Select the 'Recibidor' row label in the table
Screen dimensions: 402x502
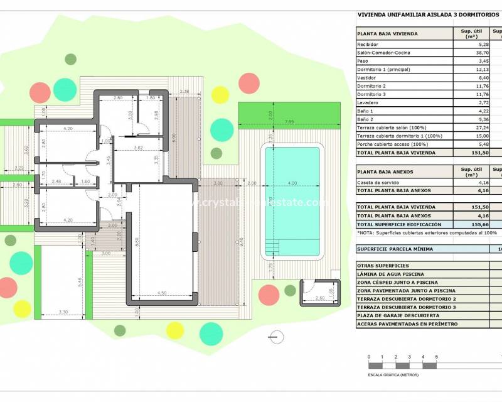coord(368,45)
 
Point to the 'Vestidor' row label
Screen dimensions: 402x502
coord(367,77)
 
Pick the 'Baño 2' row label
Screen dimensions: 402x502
coord(365,119)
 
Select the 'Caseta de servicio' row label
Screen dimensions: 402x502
coord(377,182)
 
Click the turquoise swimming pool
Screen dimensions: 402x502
coord(292,201)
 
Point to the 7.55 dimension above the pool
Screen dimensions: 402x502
coord(289,121)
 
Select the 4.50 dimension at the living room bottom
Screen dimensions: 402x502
coord(161,293)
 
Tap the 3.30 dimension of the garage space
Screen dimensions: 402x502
coord(63,312)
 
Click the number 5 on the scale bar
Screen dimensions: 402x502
coord(436,357)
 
